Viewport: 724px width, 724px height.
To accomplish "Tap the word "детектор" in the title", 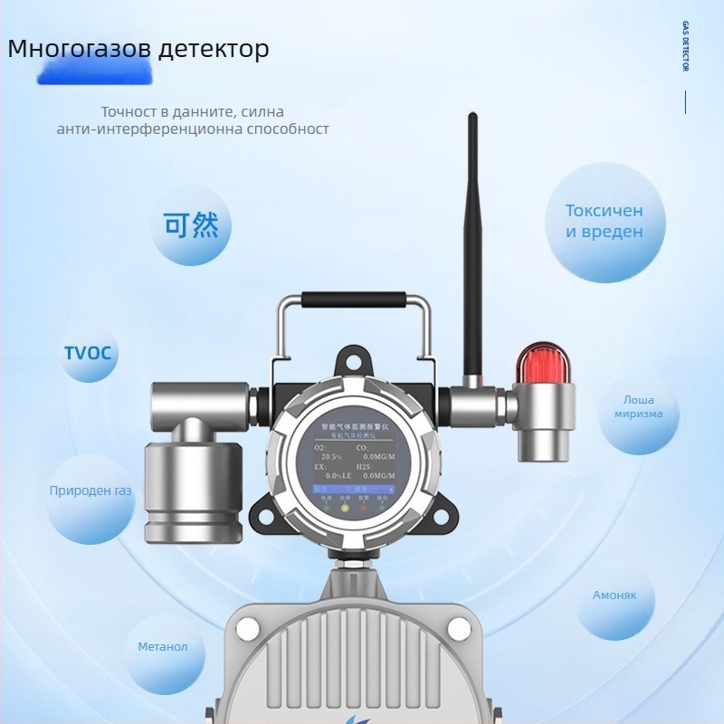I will (214, 49).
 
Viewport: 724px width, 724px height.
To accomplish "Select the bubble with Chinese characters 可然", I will (191, 225).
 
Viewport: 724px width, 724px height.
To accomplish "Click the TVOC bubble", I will (88, 352).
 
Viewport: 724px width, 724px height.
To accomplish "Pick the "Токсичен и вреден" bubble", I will (605, 222).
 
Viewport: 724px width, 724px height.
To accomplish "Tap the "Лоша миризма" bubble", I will (638, 407).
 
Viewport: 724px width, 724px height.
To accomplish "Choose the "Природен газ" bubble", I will (90, 491).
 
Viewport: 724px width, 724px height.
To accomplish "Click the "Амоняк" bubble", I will (614, 595).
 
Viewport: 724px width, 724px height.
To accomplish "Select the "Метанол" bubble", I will (163, 647).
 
